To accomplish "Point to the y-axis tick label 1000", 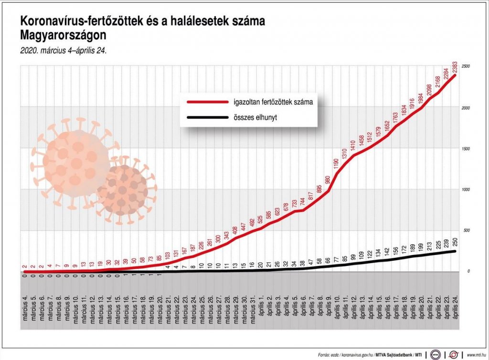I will coord(467,189).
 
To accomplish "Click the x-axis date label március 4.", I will coord(25,303).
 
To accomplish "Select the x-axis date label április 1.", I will coord(260,304).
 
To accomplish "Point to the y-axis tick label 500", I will coord(466,230).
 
